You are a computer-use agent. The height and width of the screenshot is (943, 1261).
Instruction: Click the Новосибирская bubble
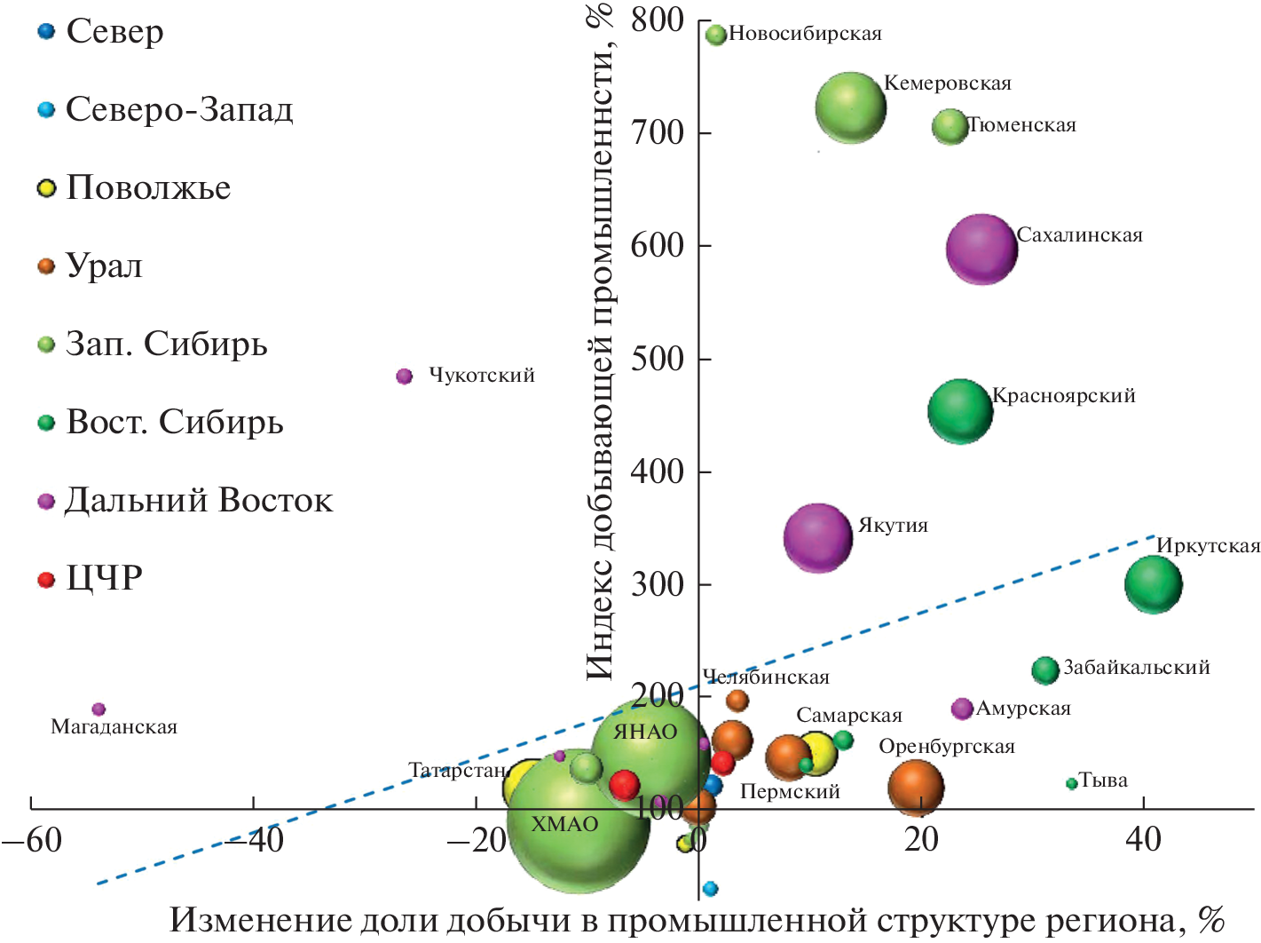(716, 35)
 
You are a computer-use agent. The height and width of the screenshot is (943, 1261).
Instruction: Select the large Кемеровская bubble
(850, 107)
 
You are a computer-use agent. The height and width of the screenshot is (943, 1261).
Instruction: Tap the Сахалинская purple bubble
(981, 249)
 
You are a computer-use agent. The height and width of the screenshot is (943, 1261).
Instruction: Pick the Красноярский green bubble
(960, 411)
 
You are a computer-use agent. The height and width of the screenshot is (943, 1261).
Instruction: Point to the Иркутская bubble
(1154, 584)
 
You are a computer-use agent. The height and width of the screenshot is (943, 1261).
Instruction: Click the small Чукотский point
(405, 376)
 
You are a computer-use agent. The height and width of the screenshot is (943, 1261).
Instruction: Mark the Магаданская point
(99, 709)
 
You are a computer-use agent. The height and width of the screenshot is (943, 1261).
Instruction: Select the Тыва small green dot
(1072, 783)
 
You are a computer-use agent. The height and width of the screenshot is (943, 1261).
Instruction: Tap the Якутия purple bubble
(817, 537)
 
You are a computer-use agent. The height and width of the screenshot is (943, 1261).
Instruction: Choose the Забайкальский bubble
(1045, 670)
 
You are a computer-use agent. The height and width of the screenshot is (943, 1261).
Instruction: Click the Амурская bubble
(962, 709)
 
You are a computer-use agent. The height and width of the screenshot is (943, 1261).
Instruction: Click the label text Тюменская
(1022, 126)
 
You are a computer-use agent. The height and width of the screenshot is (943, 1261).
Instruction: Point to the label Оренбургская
(946, 747)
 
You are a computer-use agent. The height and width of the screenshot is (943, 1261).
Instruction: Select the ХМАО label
(564, 825)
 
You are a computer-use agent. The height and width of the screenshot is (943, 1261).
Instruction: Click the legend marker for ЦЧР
(46, 580)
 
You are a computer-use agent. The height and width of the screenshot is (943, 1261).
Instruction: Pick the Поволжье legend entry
(148, 188)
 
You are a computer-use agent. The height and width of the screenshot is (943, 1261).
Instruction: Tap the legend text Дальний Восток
(199, 501)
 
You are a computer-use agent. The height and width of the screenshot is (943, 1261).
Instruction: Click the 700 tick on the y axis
(657, 133)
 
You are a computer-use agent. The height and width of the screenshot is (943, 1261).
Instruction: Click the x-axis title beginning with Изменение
(697, 921)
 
